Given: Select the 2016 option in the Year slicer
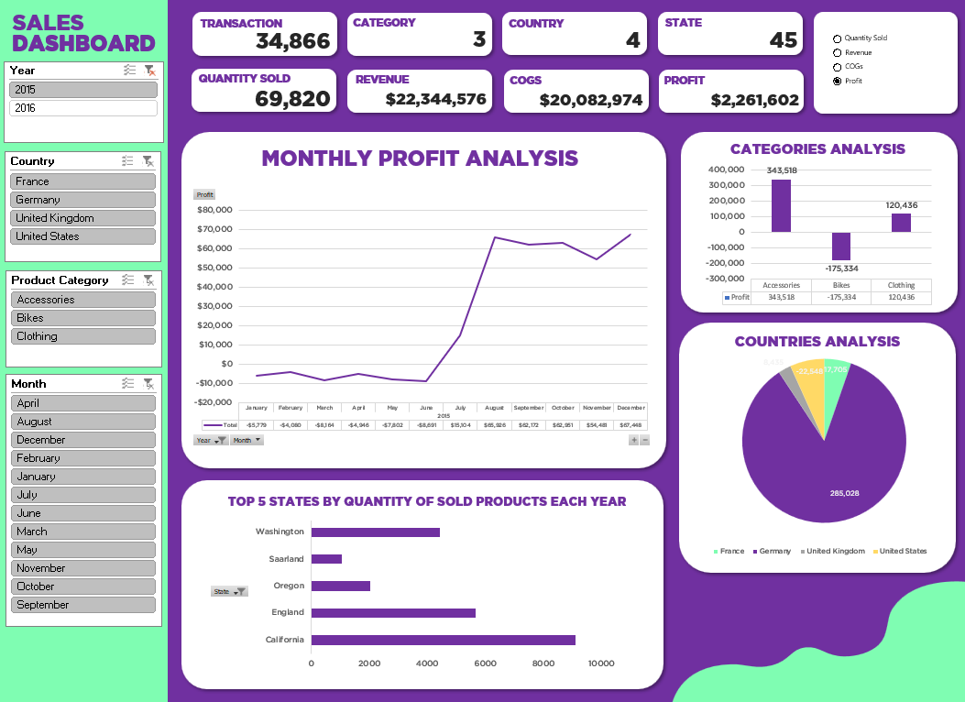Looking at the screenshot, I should tap(82, 108).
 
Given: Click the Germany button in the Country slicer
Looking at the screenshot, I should tap(82, 200).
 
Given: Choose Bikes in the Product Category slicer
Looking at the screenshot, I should tap(82, 318).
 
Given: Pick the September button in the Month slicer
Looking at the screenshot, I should tap(82, 605).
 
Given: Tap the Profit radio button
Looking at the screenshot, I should tap(837, 82).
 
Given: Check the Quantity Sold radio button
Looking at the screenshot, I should tap(837, 38).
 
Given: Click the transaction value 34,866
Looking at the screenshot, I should tap(292, 40).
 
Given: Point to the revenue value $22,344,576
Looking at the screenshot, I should tap(435, 99).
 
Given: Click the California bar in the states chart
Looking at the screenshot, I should tap(443, 640).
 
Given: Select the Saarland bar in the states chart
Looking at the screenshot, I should tap(326, 559).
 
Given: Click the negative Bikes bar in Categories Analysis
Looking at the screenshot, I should tap(840, 246).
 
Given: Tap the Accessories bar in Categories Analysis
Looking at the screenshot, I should tap(781, 205).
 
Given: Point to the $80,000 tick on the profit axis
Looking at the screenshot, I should tap(215, 210).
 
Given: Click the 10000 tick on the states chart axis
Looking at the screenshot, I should tap(601, 664).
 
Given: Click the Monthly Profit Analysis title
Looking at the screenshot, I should tap(420, 159).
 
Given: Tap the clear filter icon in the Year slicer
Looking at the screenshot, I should tap(149, 71).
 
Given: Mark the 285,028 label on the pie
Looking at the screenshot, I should tap(844, 493).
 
